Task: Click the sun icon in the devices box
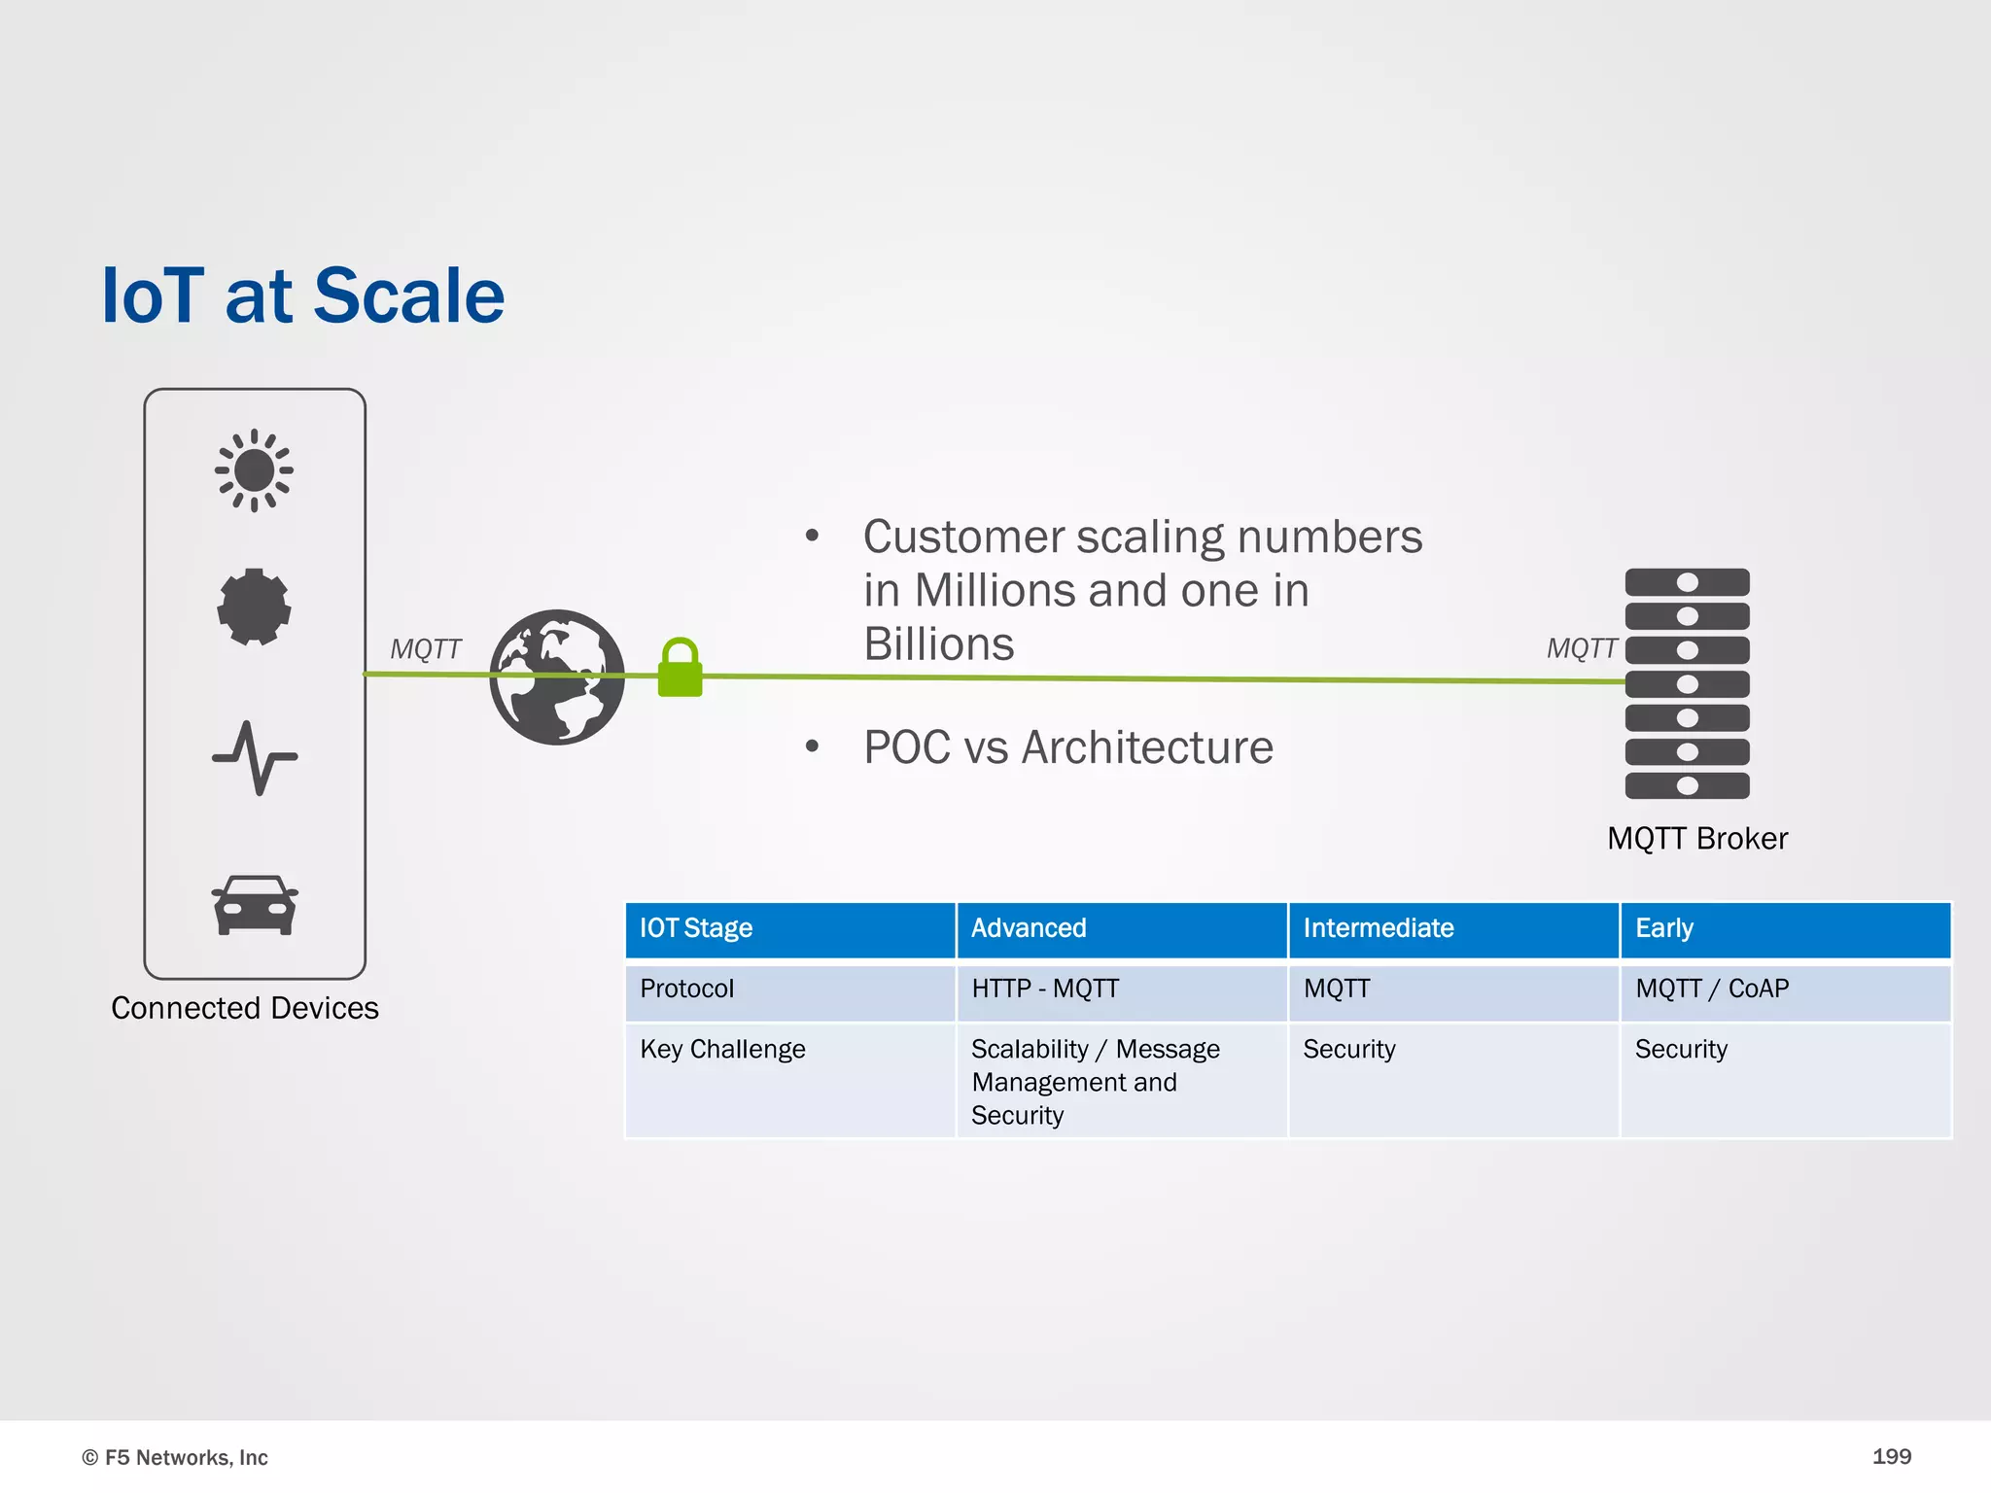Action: coord(254,470)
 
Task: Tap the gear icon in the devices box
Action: coord(254,608)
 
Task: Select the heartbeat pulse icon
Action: coord(255,758)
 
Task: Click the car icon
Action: coord(255,906)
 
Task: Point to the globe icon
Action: coord(557,677)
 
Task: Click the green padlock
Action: coord(680,668)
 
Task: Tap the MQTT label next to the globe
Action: coord(425,649)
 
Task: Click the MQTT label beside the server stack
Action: coord(1582,648)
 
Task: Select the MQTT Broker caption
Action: coord(1696,839)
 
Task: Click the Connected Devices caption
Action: coord(245,1008)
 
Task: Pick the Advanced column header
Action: coord(1029,928)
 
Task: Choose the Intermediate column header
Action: coord(1378,928)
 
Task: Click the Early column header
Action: coord(1663,928)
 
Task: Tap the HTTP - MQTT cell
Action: coord(1045,989)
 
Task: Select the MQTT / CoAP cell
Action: coord(1711,989)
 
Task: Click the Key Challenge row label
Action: coord(722,1050)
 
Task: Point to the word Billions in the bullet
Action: coord(938,644)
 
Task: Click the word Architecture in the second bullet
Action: coord(1147,747)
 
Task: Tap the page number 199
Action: coord(1891,1456)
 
